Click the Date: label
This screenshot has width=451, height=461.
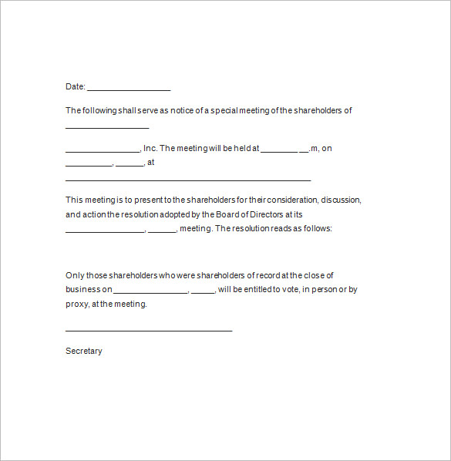click(75, 87)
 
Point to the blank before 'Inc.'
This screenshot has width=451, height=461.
click(103, 151)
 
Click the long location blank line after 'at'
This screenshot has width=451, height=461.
click(188, 179)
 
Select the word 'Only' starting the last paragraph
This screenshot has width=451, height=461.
click(74, 275)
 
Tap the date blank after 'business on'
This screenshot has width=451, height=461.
click(150, 292)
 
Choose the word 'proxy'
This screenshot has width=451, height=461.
click(76, 304)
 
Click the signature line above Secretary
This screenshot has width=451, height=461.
click(149, 330)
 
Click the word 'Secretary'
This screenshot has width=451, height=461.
click(84, 351)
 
